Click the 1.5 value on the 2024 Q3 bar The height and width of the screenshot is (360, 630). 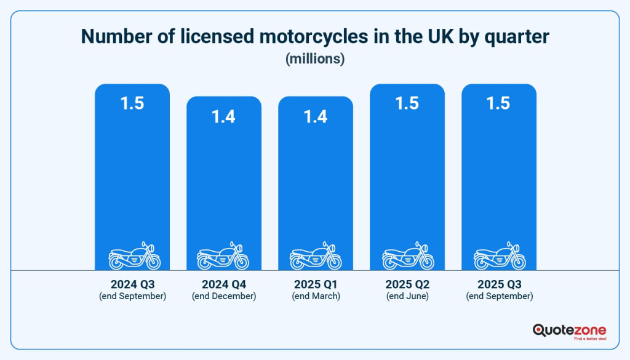[x=132, y=103]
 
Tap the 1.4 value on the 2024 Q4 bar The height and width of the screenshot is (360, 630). [x=223, y=117]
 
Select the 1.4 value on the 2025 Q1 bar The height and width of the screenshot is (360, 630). [x=316, y=117]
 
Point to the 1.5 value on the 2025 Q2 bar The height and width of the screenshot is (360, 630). [x=407, y=103]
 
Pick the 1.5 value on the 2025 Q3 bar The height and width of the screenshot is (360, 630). [x=498, y=103]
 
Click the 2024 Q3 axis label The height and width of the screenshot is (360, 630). [x=133, y=284]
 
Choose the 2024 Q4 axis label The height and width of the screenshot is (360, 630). [x=224, y=284]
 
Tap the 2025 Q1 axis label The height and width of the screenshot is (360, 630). [x=316, y=284]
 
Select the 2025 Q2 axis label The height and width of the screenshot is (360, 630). [x=407, y=284]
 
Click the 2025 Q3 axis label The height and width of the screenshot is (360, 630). [x=500, y=284]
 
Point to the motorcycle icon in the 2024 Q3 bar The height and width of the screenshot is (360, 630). [x=135, y=256]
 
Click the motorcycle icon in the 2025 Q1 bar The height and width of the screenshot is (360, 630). [x=316, y=256]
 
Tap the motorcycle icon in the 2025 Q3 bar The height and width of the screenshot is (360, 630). [x=500, y=256]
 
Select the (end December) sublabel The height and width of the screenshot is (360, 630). [x=224, y=296]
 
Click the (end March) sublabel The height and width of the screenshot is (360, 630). [x=316, y=296]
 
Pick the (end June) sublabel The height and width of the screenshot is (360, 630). [x=407, y=296]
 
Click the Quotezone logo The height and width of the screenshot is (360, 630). [x=569, y=332]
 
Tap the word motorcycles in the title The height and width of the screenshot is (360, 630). [x=313, y=36]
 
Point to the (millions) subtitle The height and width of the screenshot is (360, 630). [x=315, y=58]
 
